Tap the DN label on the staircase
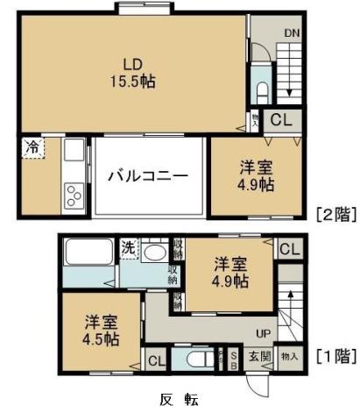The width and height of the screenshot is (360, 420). click(291, 33)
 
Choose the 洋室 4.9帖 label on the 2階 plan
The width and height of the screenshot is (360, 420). click(256, 175)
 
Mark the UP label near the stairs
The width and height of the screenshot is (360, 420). click(262, 334)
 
